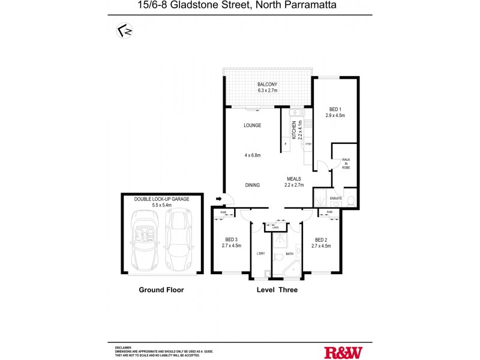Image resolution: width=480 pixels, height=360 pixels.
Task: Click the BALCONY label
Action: [267, 85]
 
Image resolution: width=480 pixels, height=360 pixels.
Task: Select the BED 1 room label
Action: [335, 109]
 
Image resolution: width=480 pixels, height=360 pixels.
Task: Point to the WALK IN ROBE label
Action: [346, 163]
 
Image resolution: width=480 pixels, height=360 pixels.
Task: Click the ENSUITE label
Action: [336, 197]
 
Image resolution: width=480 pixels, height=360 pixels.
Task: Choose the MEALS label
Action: [293, 179]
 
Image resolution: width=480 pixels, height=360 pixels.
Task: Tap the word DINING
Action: [252, 185]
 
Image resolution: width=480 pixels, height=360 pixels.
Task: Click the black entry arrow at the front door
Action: [219, 199]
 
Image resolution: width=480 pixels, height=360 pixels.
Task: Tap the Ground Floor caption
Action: [161, 290]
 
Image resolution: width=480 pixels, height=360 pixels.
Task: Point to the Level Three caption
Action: [277, 290]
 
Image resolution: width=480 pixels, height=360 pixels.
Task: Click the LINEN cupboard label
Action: [275, 227]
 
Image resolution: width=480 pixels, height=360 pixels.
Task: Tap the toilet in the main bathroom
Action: [278, 257]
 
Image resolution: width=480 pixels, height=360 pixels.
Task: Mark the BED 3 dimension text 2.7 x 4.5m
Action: [231, 245]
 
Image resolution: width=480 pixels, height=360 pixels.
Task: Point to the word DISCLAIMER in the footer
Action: [123, 347]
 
